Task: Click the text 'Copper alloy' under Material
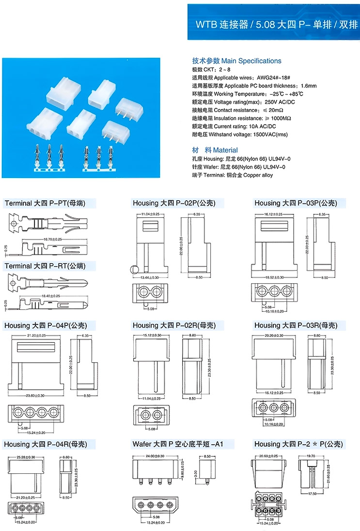tap(258, 175)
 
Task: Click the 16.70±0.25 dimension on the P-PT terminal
tap(52, 239)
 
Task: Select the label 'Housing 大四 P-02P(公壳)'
tap(174, 203)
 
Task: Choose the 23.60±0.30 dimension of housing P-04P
tap(34, 396)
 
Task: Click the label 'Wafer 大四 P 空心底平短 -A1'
tap(183, 444)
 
